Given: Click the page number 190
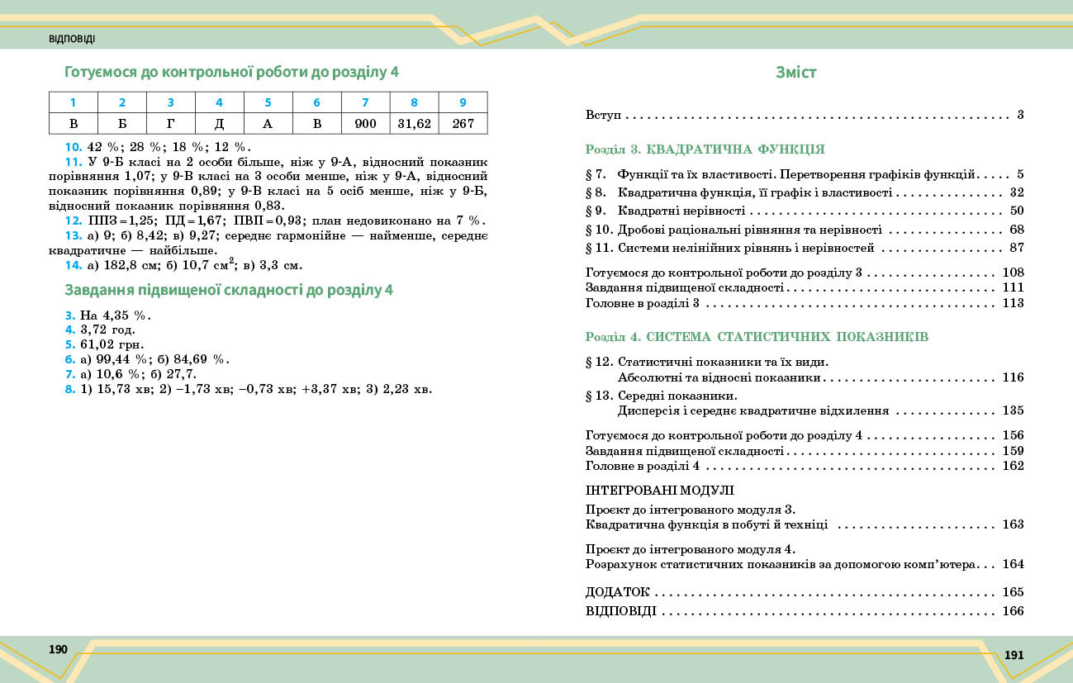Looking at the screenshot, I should [x=58, y=649].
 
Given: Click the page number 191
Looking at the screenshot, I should [x=1014, y=655].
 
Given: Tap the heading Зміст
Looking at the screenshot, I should [x=795, y=72].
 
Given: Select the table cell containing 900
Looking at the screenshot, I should [x=365, y=124].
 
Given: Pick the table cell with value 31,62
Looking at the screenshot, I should [x=414, y=124].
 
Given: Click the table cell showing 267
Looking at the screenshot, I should [x=463, y=124].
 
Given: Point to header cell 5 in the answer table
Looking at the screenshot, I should [x=268, y=102].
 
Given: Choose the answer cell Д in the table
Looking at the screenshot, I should [x=219, y=124].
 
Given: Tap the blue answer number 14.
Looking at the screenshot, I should [x=73, y=265].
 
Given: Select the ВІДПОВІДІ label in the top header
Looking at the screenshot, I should [x=72, y=39].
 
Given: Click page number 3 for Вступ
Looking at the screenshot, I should [x=1020, y=115].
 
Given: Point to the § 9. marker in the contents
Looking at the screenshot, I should [x=596, y=211].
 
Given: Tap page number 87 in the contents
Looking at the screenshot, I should [x=1016, y=248].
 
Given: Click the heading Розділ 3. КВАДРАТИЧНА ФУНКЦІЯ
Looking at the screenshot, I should [x=705, y=150].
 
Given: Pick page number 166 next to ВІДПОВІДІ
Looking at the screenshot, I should [x=1013, y=612].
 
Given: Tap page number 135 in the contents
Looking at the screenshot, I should [x=1013, y=410].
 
